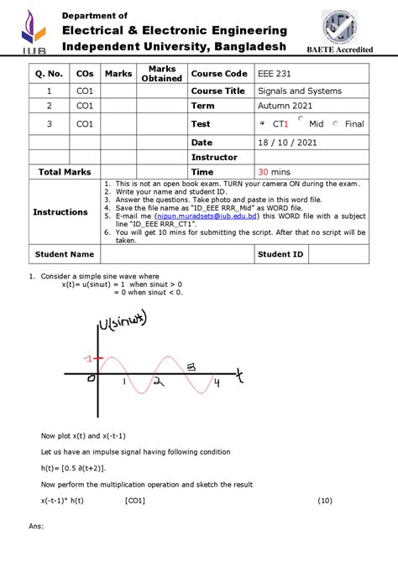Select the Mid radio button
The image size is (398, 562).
(301, 119)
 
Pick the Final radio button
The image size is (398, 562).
(336, 124)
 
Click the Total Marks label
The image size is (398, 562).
(65, 171)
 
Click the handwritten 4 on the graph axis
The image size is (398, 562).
(217, 383)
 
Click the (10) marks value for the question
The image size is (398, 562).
(325, 501)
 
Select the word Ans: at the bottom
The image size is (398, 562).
(35, 527)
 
